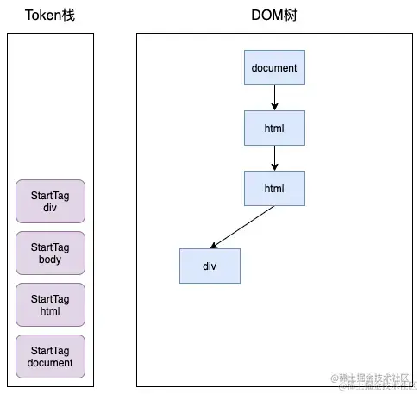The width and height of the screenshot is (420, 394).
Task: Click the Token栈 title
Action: pyautogui.click(x=50, y=16)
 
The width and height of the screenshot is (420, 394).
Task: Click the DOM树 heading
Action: pyautogui.click(x=274, y=16)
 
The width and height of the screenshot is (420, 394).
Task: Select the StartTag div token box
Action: pyautogui.click(x=51, y=201)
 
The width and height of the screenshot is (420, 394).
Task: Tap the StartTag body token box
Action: pyautogui.click(x=51, y=253)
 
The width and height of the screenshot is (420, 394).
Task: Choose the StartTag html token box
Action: pyautogui.click(x=51, y=304)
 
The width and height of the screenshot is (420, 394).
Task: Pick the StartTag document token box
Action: pyautogui.click(x=51, y=356)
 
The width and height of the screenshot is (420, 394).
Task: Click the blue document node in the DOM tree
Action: pyautogui.click(x=274, y=67)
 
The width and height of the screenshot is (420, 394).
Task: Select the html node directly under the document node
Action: pyautogui.click(x=274, y=128)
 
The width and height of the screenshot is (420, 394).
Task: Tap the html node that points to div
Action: pyautogui.click(x=274, y=188)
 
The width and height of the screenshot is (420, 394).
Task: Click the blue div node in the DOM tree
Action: pyautogui.click(x=210, y=266)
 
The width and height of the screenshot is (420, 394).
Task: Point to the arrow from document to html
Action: pyautogui.click(x=274, y=97)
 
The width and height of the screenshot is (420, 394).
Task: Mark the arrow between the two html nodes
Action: pyautogui.click(x=274, y=158)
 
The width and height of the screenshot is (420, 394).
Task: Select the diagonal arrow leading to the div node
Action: pyautogui.click(x=243, y=226)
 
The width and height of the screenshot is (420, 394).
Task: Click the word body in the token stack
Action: pyautogui.click(x=51, y=260)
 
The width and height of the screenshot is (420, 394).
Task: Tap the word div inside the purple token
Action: pyautogui.click(x=51, y=208)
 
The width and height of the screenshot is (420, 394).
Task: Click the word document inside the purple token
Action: pyautogui.click(x=51, y=363)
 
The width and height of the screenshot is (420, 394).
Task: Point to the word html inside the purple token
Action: pyautogui.click(x=51, y=311)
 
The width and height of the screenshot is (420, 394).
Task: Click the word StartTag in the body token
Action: pyautogui.click(x=51, y=247)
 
